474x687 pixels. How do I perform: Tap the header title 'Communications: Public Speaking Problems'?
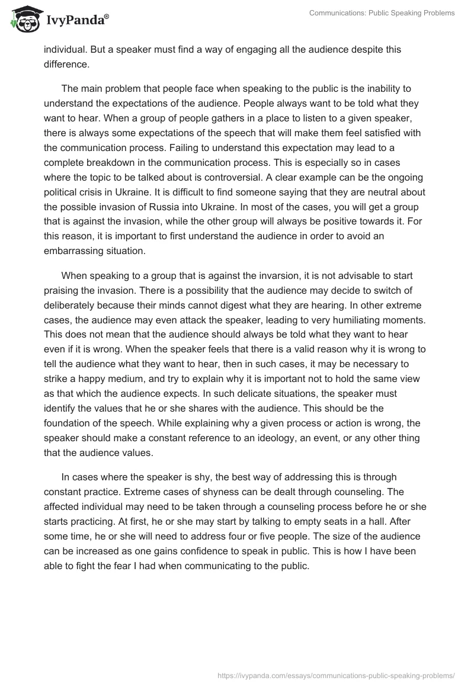pos(382,12)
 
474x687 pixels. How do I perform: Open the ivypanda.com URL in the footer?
pos(337,675)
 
